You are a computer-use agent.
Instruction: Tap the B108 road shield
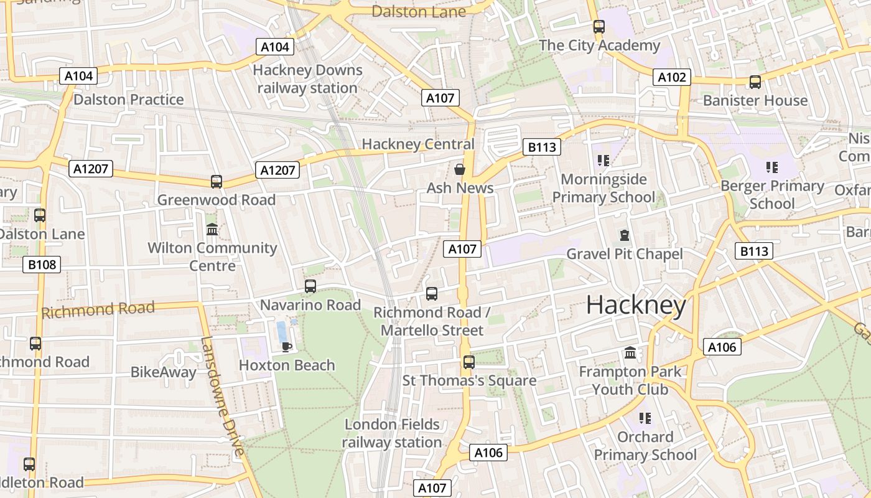coord(42,265)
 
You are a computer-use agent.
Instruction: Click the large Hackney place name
coord(636,305)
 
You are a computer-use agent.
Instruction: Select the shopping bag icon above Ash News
coord(460,169)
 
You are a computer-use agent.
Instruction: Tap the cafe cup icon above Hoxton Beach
coord(286,347)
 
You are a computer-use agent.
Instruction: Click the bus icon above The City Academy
coord(599,27)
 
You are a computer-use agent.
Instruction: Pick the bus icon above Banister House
coord(755,82)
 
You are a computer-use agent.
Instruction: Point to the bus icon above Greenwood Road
coord(216,181)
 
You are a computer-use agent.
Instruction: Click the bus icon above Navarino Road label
coord(310,286)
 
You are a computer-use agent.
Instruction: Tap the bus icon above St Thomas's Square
coord(468,362)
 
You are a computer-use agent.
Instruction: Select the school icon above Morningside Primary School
coord(602,161)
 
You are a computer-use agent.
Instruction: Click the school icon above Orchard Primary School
coord(645,418)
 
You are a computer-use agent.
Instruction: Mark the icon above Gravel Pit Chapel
coord(624,235)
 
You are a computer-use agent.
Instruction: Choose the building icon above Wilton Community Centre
coord(212,229)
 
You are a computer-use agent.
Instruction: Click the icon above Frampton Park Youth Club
coord(630,353)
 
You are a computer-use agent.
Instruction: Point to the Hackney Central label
coord(417,144)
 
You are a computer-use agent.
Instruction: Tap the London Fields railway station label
coord(392,433)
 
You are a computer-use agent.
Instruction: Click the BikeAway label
coord(163,372)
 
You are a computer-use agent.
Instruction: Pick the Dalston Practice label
coord(129,100)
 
